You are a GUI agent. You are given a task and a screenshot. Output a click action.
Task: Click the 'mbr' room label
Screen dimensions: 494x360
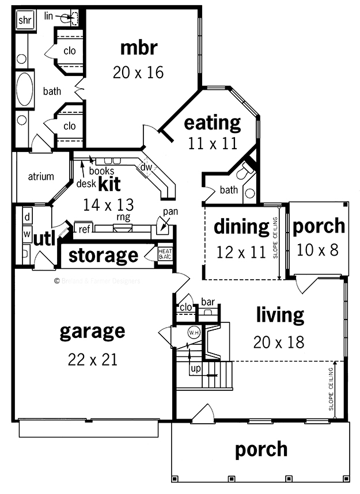[139, 47]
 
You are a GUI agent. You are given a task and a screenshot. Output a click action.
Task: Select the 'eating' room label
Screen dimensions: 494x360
[212, 123]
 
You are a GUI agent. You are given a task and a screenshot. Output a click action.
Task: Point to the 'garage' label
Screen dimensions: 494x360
[92, 331]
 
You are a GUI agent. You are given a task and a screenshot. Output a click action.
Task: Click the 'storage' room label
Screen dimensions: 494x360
[104, 255]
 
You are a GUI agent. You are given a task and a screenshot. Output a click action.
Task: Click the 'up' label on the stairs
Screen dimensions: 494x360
[195, 368]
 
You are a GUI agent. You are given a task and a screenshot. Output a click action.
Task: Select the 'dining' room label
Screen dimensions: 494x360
[241, 226]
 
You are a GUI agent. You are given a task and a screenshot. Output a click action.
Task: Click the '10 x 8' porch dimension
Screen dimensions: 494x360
[318, 250]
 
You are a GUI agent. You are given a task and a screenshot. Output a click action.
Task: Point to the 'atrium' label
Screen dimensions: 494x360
[41, 177]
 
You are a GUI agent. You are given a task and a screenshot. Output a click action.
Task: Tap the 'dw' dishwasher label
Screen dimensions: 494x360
[146, 168]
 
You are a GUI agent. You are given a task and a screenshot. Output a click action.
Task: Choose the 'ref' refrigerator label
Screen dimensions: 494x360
[84, 229]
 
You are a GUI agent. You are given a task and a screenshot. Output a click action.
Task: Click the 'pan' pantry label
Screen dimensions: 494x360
[170, 211]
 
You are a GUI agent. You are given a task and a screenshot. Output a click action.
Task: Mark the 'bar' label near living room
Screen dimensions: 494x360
[207, 302]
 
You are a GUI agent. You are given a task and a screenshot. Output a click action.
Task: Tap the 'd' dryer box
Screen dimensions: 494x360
[26, 216]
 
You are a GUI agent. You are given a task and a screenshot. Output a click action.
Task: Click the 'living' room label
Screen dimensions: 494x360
[280, 316]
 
